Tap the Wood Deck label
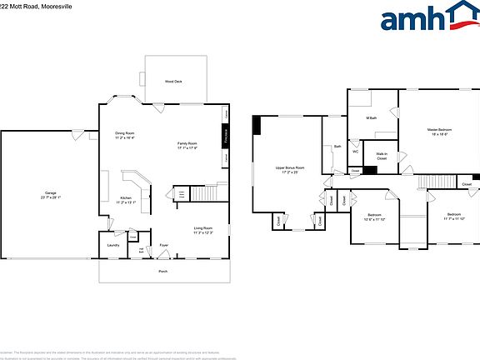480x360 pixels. (172, 81)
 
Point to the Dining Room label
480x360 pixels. (125, 135)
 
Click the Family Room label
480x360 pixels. (187, 146)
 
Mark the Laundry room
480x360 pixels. (112, 245)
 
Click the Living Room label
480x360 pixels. (203, 230)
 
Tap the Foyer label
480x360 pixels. (164, 245)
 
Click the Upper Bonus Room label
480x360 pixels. (290, 169)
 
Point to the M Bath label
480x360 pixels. (372, 118)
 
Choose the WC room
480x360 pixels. (355, 152)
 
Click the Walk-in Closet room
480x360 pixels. (381, 156)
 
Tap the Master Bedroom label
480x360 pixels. (439, 132)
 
